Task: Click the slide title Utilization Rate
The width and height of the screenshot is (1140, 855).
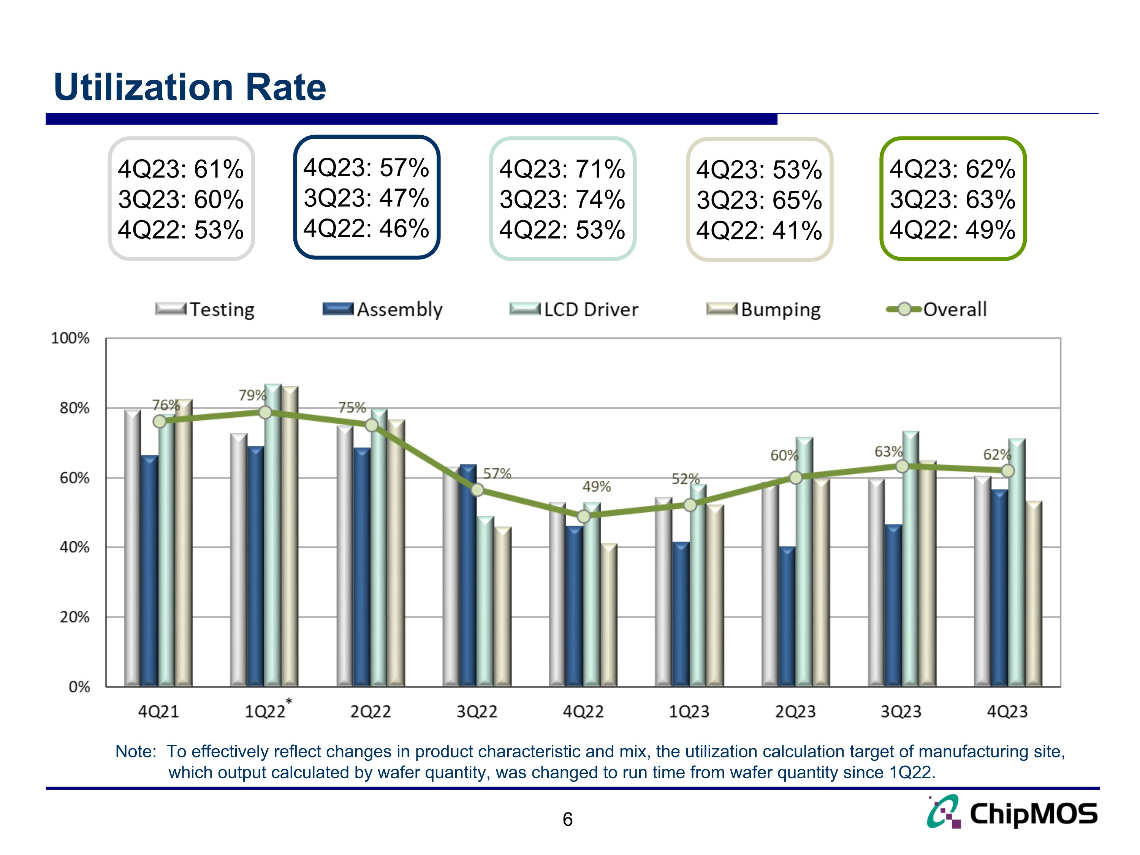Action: [x=190, y=87]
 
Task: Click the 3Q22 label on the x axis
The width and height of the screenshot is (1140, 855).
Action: [x=477, y=712]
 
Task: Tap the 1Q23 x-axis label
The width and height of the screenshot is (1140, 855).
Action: [x=689, y=712]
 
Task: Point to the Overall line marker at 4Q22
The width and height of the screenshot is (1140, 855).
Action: [x=583, y=516]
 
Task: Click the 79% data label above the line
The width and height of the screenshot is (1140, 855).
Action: [x=252, y=395]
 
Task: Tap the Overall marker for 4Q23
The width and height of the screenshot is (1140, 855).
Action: [x=1007, y=470]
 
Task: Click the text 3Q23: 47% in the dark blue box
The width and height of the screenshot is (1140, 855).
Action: [x=366, y=198]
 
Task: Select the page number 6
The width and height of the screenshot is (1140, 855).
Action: [x=567, y=819]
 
